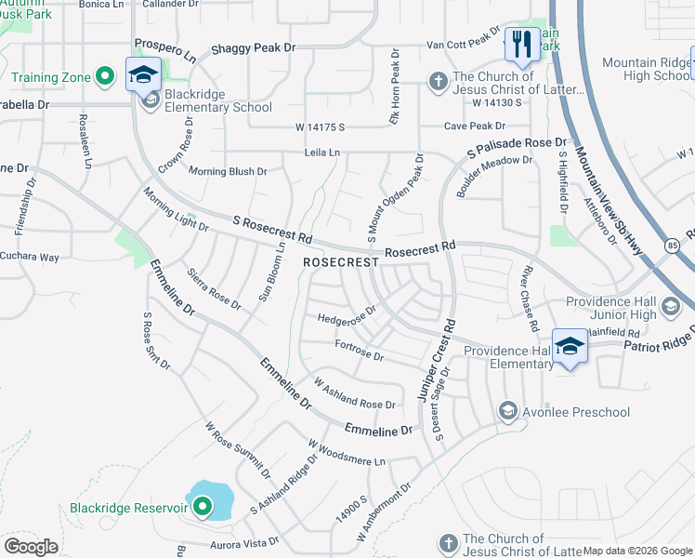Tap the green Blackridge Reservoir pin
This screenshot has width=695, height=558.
(202, 507)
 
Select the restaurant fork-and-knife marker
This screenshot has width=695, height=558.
(521, 43)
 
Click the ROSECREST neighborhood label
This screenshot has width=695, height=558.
(340, 263)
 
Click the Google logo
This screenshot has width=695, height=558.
(31, 547)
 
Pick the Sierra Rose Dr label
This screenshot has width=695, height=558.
(214, 289)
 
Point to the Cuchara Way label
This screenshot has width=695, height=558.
(29, 256)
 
